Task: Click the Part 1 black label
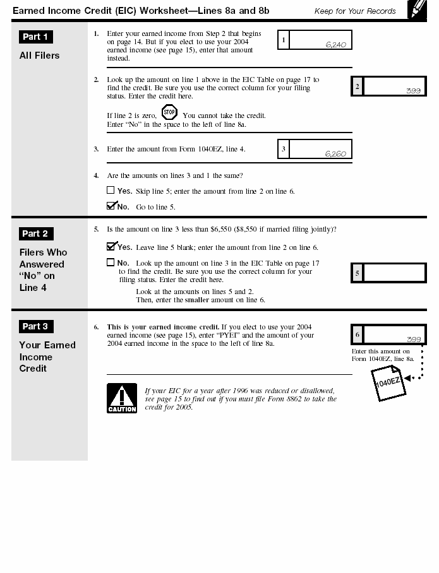[35, 37]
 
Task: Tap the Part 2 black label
[35, 233]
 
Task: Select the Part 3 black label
[35, 326]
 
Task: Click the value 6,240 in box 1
[335, 45]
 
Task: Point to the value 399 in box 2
[413, 90]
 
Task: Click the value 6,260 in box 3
[335, 153]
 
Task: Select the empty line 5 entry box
[394, 273]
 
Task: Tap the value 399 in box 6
[413, 339]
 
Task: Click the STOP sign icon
[169, 114]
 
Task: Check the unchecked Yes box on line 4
[111, 190]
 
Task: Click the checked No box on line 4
[111, 206]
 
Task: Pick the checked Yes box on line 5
[111, 247]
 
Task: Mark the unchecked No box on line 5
[111, 263]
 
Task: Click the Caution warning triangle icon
[121, 398]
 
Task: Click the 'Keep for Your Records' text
[355, 11]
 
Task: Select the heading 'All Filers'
[39, 56]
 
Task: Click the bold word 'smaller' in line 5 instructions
[197, 300]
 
